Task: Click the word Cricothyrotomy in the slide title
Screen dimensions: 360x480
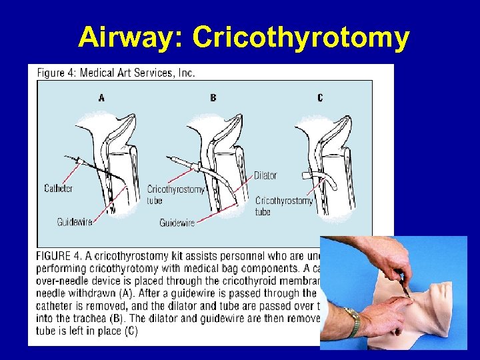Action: (x=301, y=37)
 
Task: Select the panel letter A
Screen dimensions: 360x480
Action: (x=101, y=98)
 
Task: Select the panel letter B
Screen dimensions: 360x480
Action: (x=213, y=98)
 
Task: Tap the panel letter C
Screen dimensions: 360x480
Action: (x=320, y=98)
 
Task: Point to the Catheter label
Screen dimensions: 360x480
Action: (x=59, y=189)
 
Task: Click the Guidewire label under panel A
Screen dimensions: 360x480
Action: (x=74, y=222)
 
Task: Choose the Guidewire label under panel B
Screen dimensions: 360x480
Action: (x=177, y=223)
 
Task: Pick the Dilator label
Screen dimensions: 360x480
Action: (x=265, y=175)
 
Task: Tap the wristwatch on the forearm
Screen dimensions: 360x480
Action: (x=353, y=321)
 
